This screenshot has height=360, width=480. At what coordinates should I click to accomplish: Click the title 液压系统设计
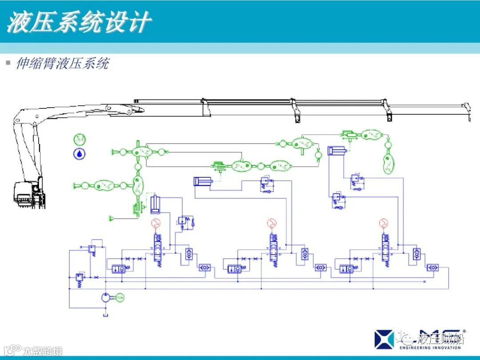[x=79, y=22]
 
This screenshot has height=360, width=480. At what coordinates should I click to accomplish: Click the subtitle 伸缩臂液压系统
[x=62, y=64]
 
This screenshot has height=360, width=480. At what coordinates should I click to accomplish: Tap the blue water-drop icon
[x=80, y=154]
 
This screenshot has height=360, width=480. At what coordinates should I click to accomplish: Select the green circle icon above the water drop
[x=80, y=139]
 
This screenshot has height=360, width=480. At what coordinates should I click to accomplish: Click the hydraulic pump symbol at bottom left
[x=105, y=297]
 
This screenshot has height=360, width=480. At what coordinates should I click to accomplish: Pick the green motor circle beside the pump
[x=120, y=297]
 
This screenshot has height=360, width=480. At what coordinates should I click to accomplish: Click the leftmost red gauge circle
[x=156, y=223]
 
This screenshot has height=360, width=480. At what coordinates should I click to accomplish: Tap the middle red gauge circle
[x=271, y=223]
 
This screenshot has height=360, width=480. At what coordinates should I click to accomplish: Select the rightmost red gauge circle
[x=383, y=223]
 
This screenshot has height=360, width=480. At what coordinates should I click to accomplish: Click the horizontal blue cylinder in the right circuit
[x=336, y=151]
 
